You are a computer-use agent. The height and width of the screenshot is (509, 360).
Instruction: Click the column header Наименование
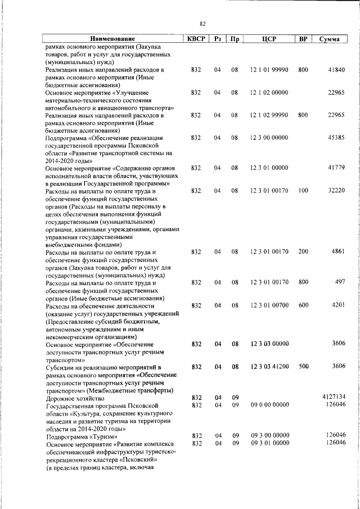coord(110,39)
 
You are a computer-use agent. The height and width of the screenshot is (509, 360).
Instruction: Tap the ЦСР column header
coord(268,39)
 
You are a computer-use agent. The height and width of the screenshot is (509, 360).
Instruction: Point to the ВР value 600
coord(303,305)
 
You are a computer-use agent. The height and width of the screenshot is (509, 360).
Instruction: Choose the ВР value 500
coord(303,366)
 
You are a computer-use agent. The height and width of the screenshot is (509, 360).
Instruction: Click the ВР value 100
coord(303,191)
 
